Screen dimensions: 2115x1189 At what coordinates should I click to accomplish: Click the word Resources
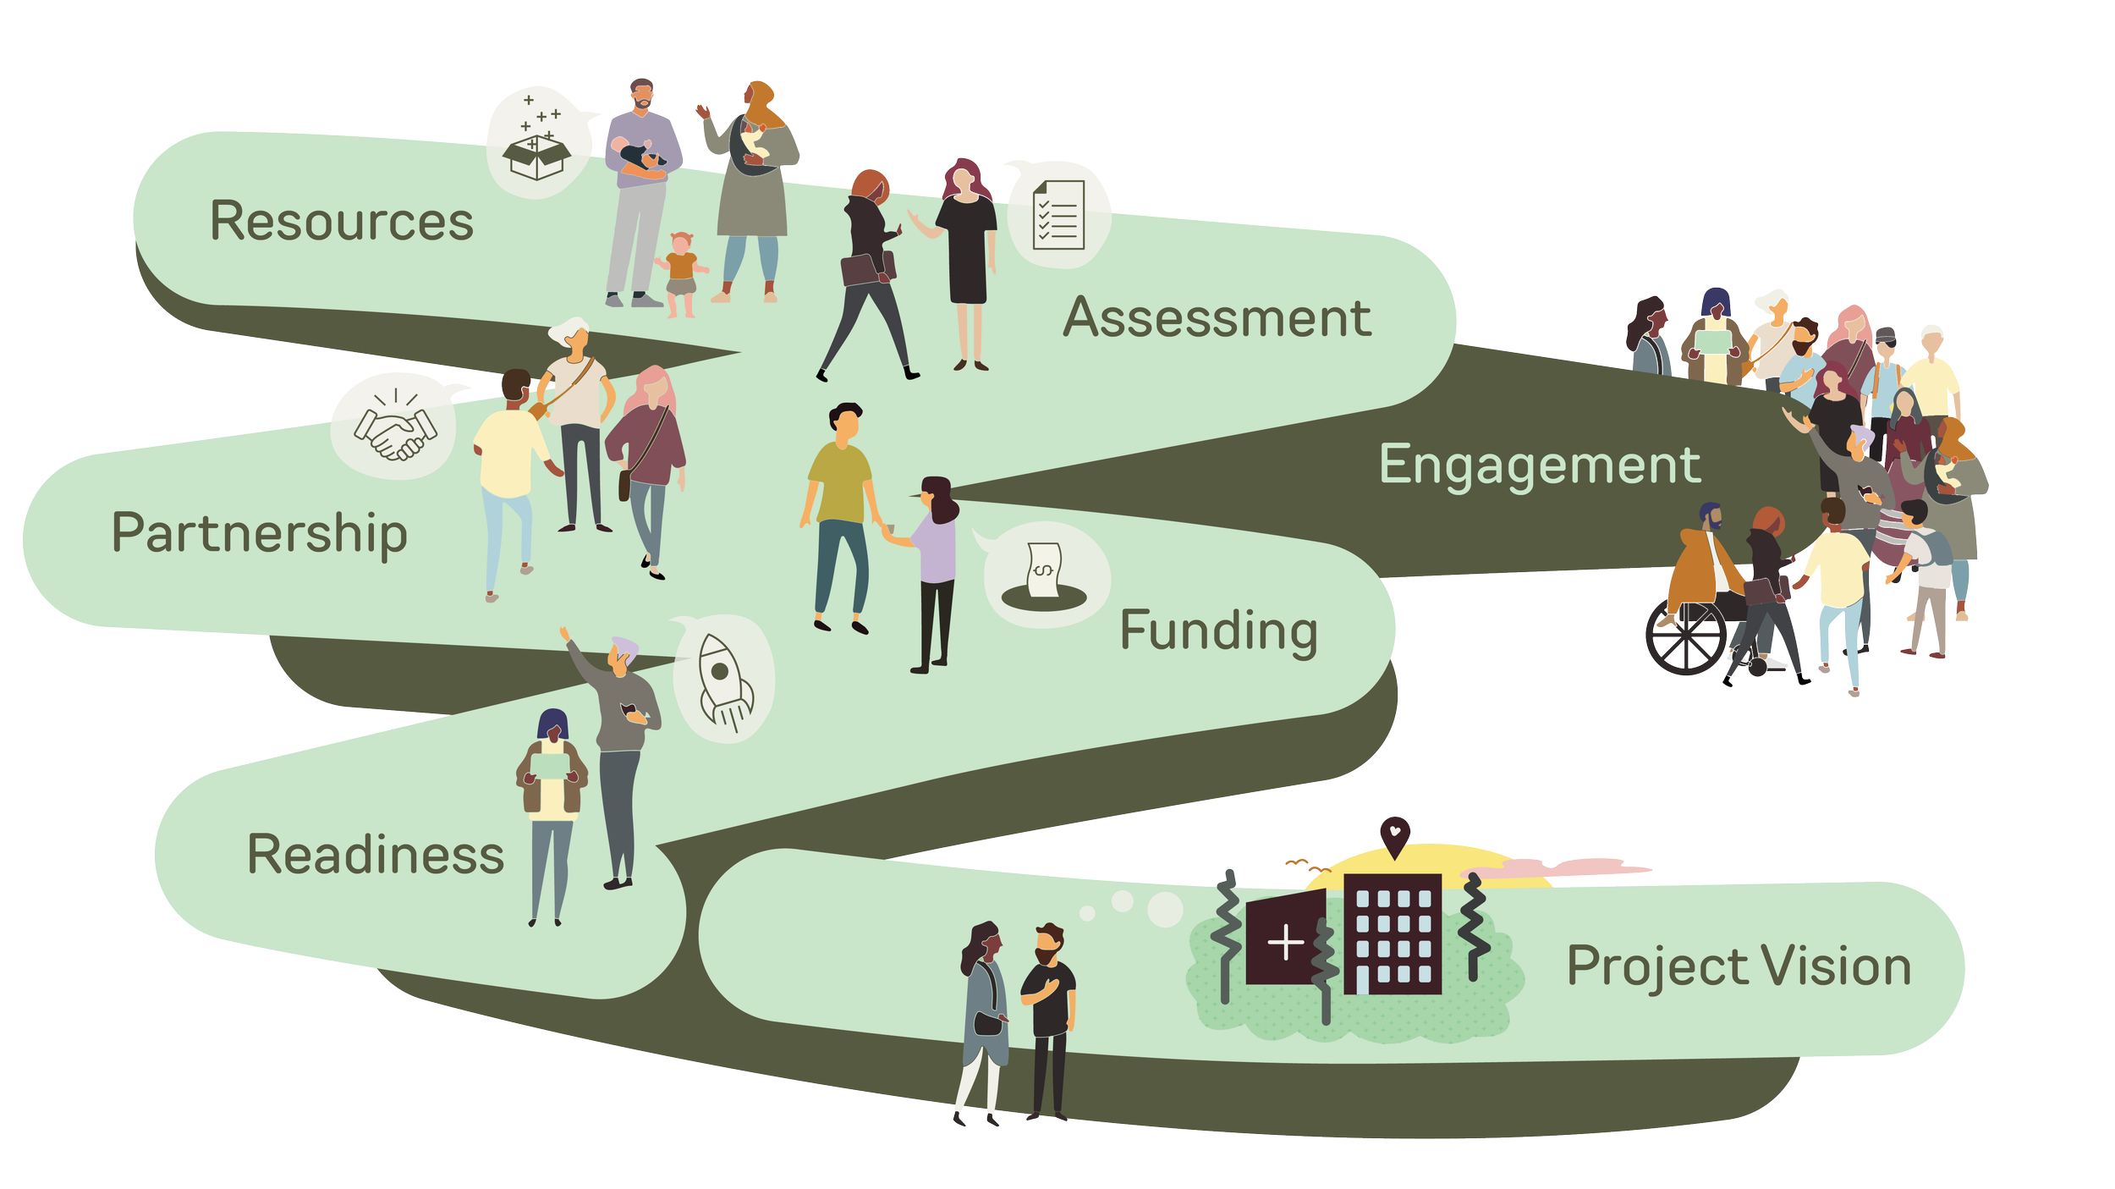coord(341,222)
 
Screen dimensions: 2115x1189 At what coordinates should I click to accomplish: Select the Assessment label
coord(1217,318)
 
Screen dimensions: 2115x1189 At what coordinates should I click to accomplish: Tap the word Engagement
coord(1539,465)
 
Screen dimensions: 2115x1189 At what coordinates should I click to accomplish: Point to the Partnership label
coord(259,533)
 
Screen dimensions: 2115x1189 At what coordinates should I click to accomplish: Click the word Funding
coord(1218,631)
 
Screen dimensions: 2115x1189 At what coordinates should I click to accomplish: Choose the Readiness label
coord(375,854)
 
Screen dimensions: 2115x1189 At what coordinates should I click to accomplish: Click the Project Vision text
coord(1739,966)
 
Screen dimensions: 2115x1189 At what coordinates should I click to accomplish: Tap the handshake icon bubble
coord(394,427)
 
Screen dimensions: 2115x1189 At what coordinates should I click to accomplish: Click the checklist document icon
coord(1057,215)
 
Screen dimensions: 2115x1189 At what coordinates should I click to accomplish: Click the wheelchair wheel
coord(1685,637)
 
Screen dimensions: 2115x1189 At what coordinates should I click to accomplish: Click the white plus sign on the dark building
coord(1286,943)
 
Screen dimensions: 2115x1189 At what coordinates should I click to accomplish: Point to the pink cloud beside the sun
coord(1565,867)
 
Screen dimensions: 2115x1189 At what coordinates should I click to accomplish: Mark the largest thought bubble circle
coord(1165,909)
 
